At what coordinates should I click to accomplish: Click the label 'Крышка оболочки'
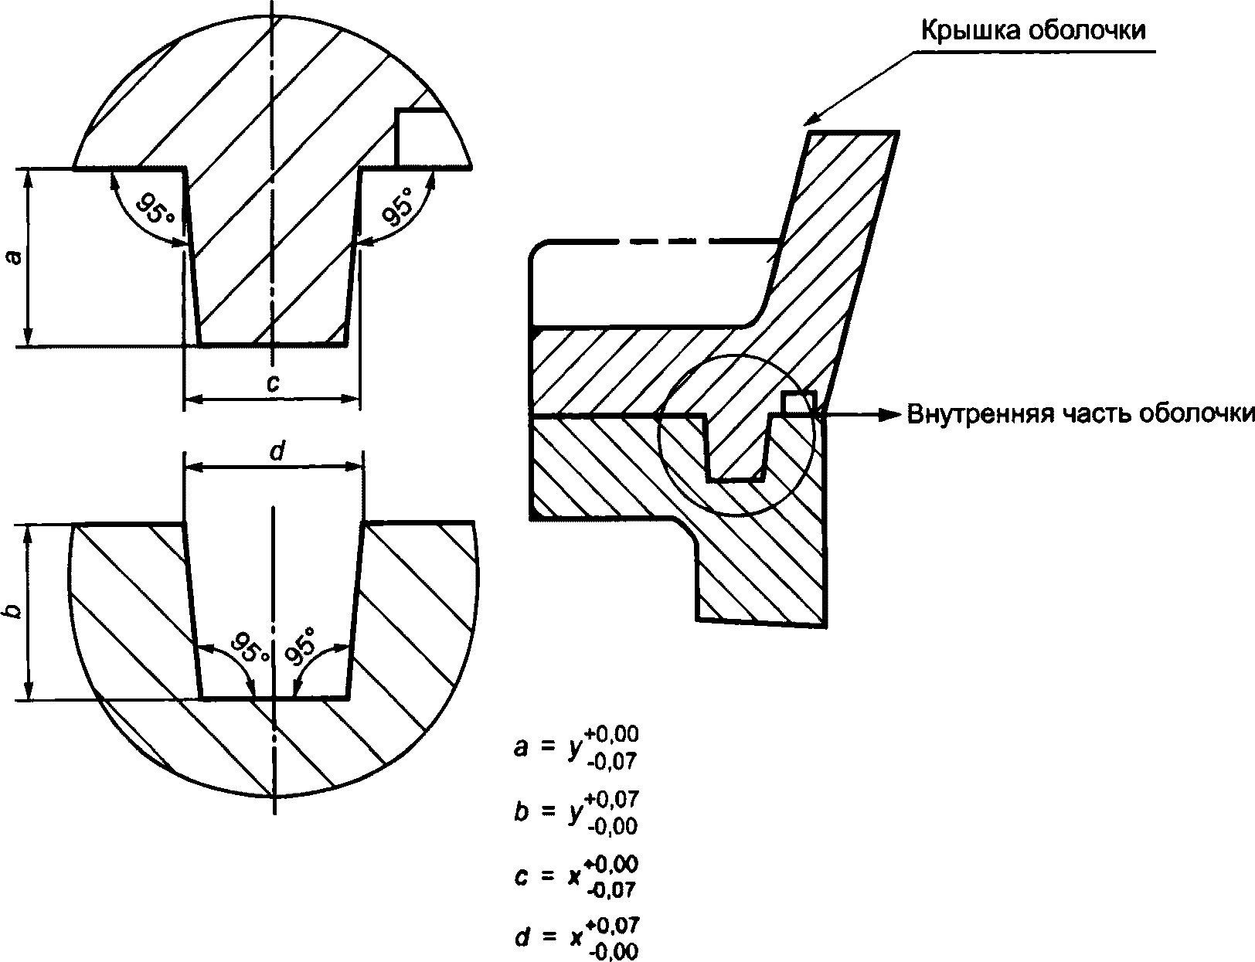1033,31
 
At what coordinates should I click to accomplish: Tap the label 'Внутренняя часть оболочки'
1080,414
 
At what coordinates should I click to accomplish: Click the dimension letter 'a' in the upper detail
14,257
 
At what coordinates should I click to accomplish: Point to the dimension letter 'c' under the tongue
273,383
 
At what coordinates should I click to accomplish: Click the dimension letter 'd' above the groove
277,451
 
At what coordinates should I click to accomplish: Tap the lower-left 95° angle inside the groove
250,647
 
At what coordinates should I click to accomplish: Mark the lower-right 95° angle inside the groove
301,644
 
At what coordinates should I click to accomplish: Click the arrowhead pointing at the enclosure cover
812,119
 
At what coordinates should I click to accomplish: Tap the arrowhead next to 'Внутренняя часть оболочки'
889,414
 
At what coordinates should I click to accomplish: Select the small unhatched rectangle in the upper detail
421,138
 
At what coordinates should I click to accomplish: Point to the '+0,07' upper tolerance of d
612,926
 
